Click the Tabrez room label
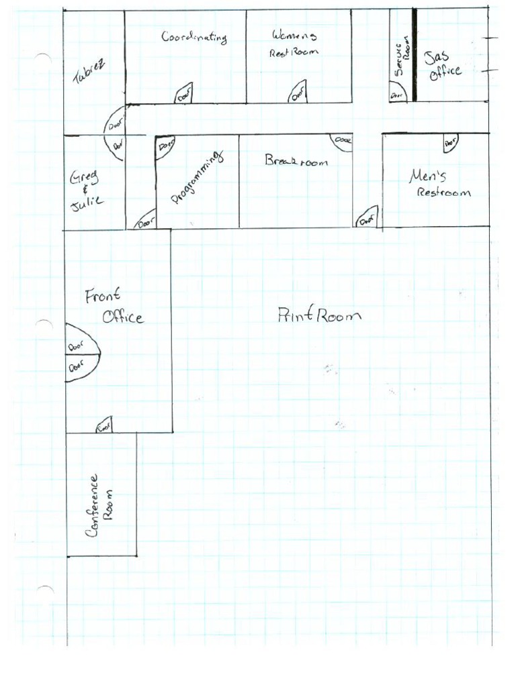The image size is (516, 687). pos(89,72)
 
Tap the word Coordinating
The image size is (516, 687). pos(193,37)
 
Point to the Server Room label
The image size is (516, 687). pos(402,57)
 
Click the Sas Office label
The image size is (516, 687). pos(443,64)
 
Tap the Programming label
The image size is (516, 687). pos(196,177)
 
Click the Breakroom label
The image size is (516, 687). pos(296,161)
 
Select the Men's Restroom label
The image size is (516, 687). pos(439,184)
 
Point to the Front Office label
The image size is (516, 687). pos(114,306)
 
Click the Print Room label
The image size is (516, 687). pos(319,315)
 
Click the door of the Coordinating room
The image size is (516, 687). pos(184,95)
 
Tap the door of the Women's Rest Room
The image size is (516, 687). pos(298,93)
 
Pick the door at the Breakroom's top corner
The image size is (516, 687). pos(342,142)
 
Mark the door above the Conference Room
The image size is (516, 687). pos(104,425)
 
